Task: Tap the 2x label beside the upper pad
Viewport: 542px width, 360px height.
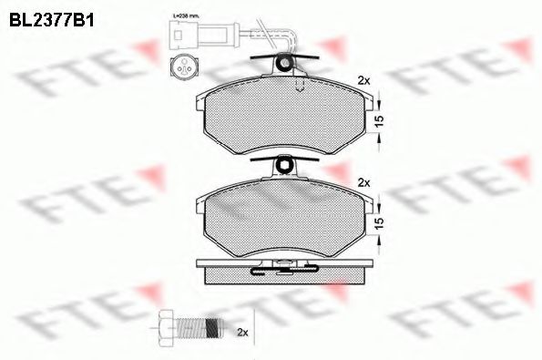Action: tap(366, 80)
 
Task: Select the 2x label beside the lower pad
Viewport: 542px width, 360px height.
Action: tap(366, 182)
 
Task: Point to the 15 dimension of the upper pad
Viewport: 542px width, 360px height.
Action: tap(379, 118)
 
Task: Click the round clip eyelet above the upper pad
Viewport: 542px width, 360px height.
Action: tap(285, 63)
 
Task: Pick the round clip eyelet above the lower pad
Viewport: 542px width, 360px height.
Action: tap(285, 165)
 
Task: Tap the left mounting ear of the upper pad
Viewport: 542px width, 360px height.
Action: tap(199, 103)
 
